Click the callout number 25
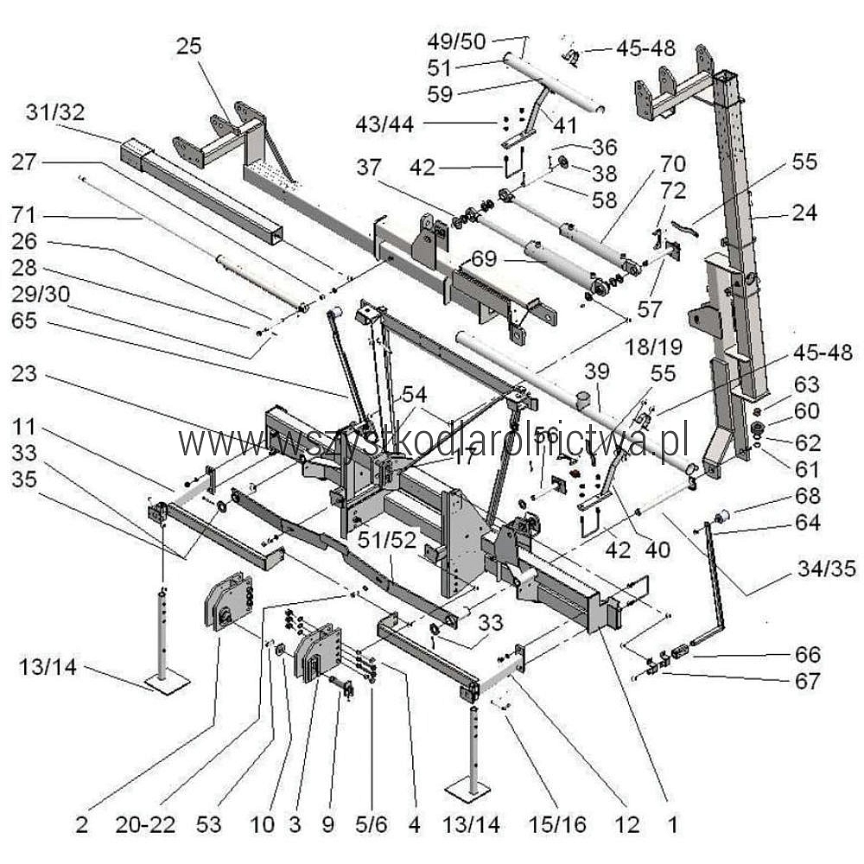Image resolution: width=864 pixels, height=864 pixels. [188, 46]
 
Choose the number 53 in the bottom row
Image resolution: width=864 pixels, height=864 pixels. [221, 824]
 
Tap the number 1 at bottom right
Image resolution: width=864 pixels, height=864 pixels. [674, 824]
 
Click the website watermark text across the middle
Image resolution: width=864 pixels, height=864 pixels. [432, 442]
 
